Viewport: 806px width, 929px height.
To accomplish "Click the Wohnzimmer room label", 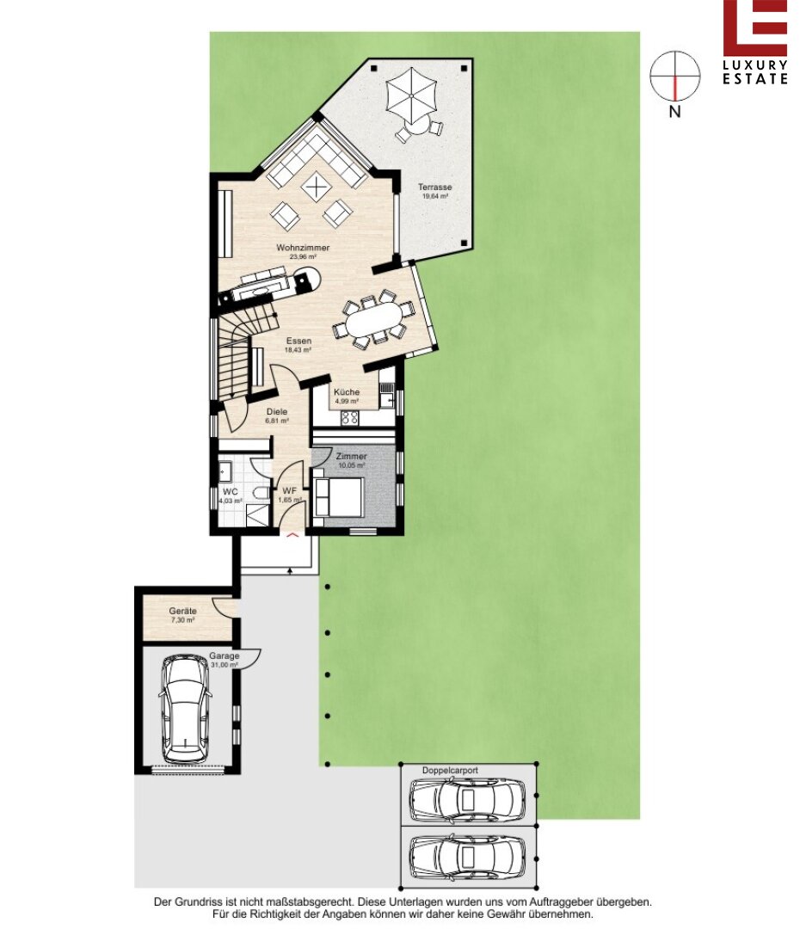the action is pos(303,248).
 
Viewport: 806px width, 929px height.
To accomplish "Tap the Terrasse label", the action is pos(435,188).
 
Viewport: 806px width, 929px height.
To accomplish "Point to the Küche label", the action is pos(347,392).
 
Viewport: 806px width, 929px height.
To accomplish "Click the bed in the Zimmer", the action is pos(338,496).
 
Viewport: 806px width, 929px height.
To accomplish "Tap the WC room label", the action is pos(231,492).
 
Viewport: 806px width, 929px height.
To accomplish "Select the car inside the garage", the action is pos(186,708).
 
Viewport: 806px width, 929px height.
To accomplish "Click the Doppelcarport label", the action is pos(450,770).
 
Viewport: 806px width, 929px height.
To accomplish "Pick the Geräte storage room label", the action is pos(182,611).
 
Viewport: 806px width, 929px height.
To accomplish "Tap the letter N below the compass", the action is pos(674,111).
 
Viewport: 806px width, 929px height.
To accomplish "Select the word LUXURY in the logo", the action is pos(755,65).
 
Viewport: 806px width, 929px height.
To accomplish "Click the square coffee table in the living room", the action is pos(317,188).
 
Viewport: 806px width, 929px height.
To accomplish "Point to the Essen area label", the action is pos(298,341).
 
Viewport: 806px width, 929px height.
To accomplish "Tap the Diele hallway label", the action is pos(277,412).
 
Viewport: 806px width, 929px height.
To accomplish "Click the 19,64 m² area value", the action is pos(435,196).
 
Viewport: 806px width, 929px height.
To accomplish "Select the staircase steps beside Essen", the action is pos(236,355).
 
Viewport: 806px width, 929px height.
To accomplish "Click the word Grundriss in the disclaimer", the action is pos(196,902).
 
